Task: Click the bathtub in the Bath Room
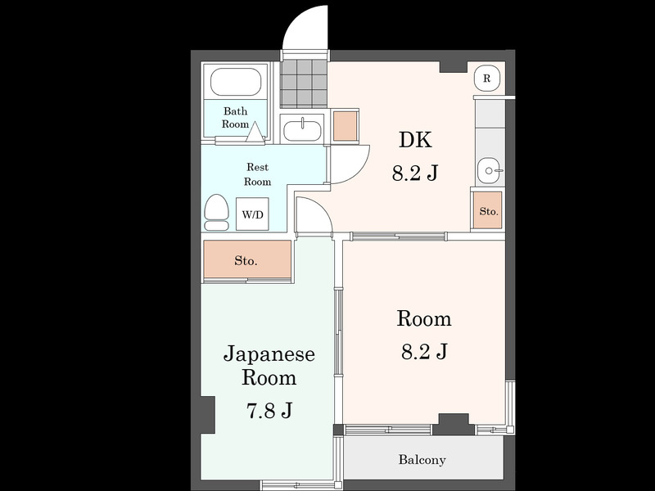[x=236, y=82]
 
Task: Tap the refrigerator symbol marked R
[x=486, y=78]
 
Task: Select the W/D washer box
[x=252, y=214]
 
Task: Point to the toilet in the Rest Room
[x=216, y=212]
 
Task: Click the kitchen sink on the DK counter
[x=489, y=170]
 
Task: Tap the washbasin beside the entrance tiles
[x=302, y=129]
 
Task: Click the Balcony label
[x=422, y=460]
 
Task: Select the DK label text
[x=415, y=140]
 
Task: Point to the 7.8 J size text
[x=269, y=411]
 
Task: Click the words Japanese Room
[x=269, y=366]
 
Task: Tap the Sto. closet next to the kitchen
[x=488, y=210]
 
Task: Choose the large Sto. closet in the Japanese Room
[x=247, y=259]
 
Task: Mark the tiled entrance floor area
[x=303, y=83]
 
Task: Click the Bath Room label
[x=235, y=117]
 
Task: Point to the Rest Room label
[x=257, y=174]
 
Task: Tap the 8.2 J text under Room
[x=424, y=351]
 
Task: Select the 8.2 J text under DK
[x=415, y=173]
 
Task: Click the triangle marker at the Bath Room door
[x=255, y=133]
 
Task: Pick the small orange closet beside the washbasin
[x=346, y=126]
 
